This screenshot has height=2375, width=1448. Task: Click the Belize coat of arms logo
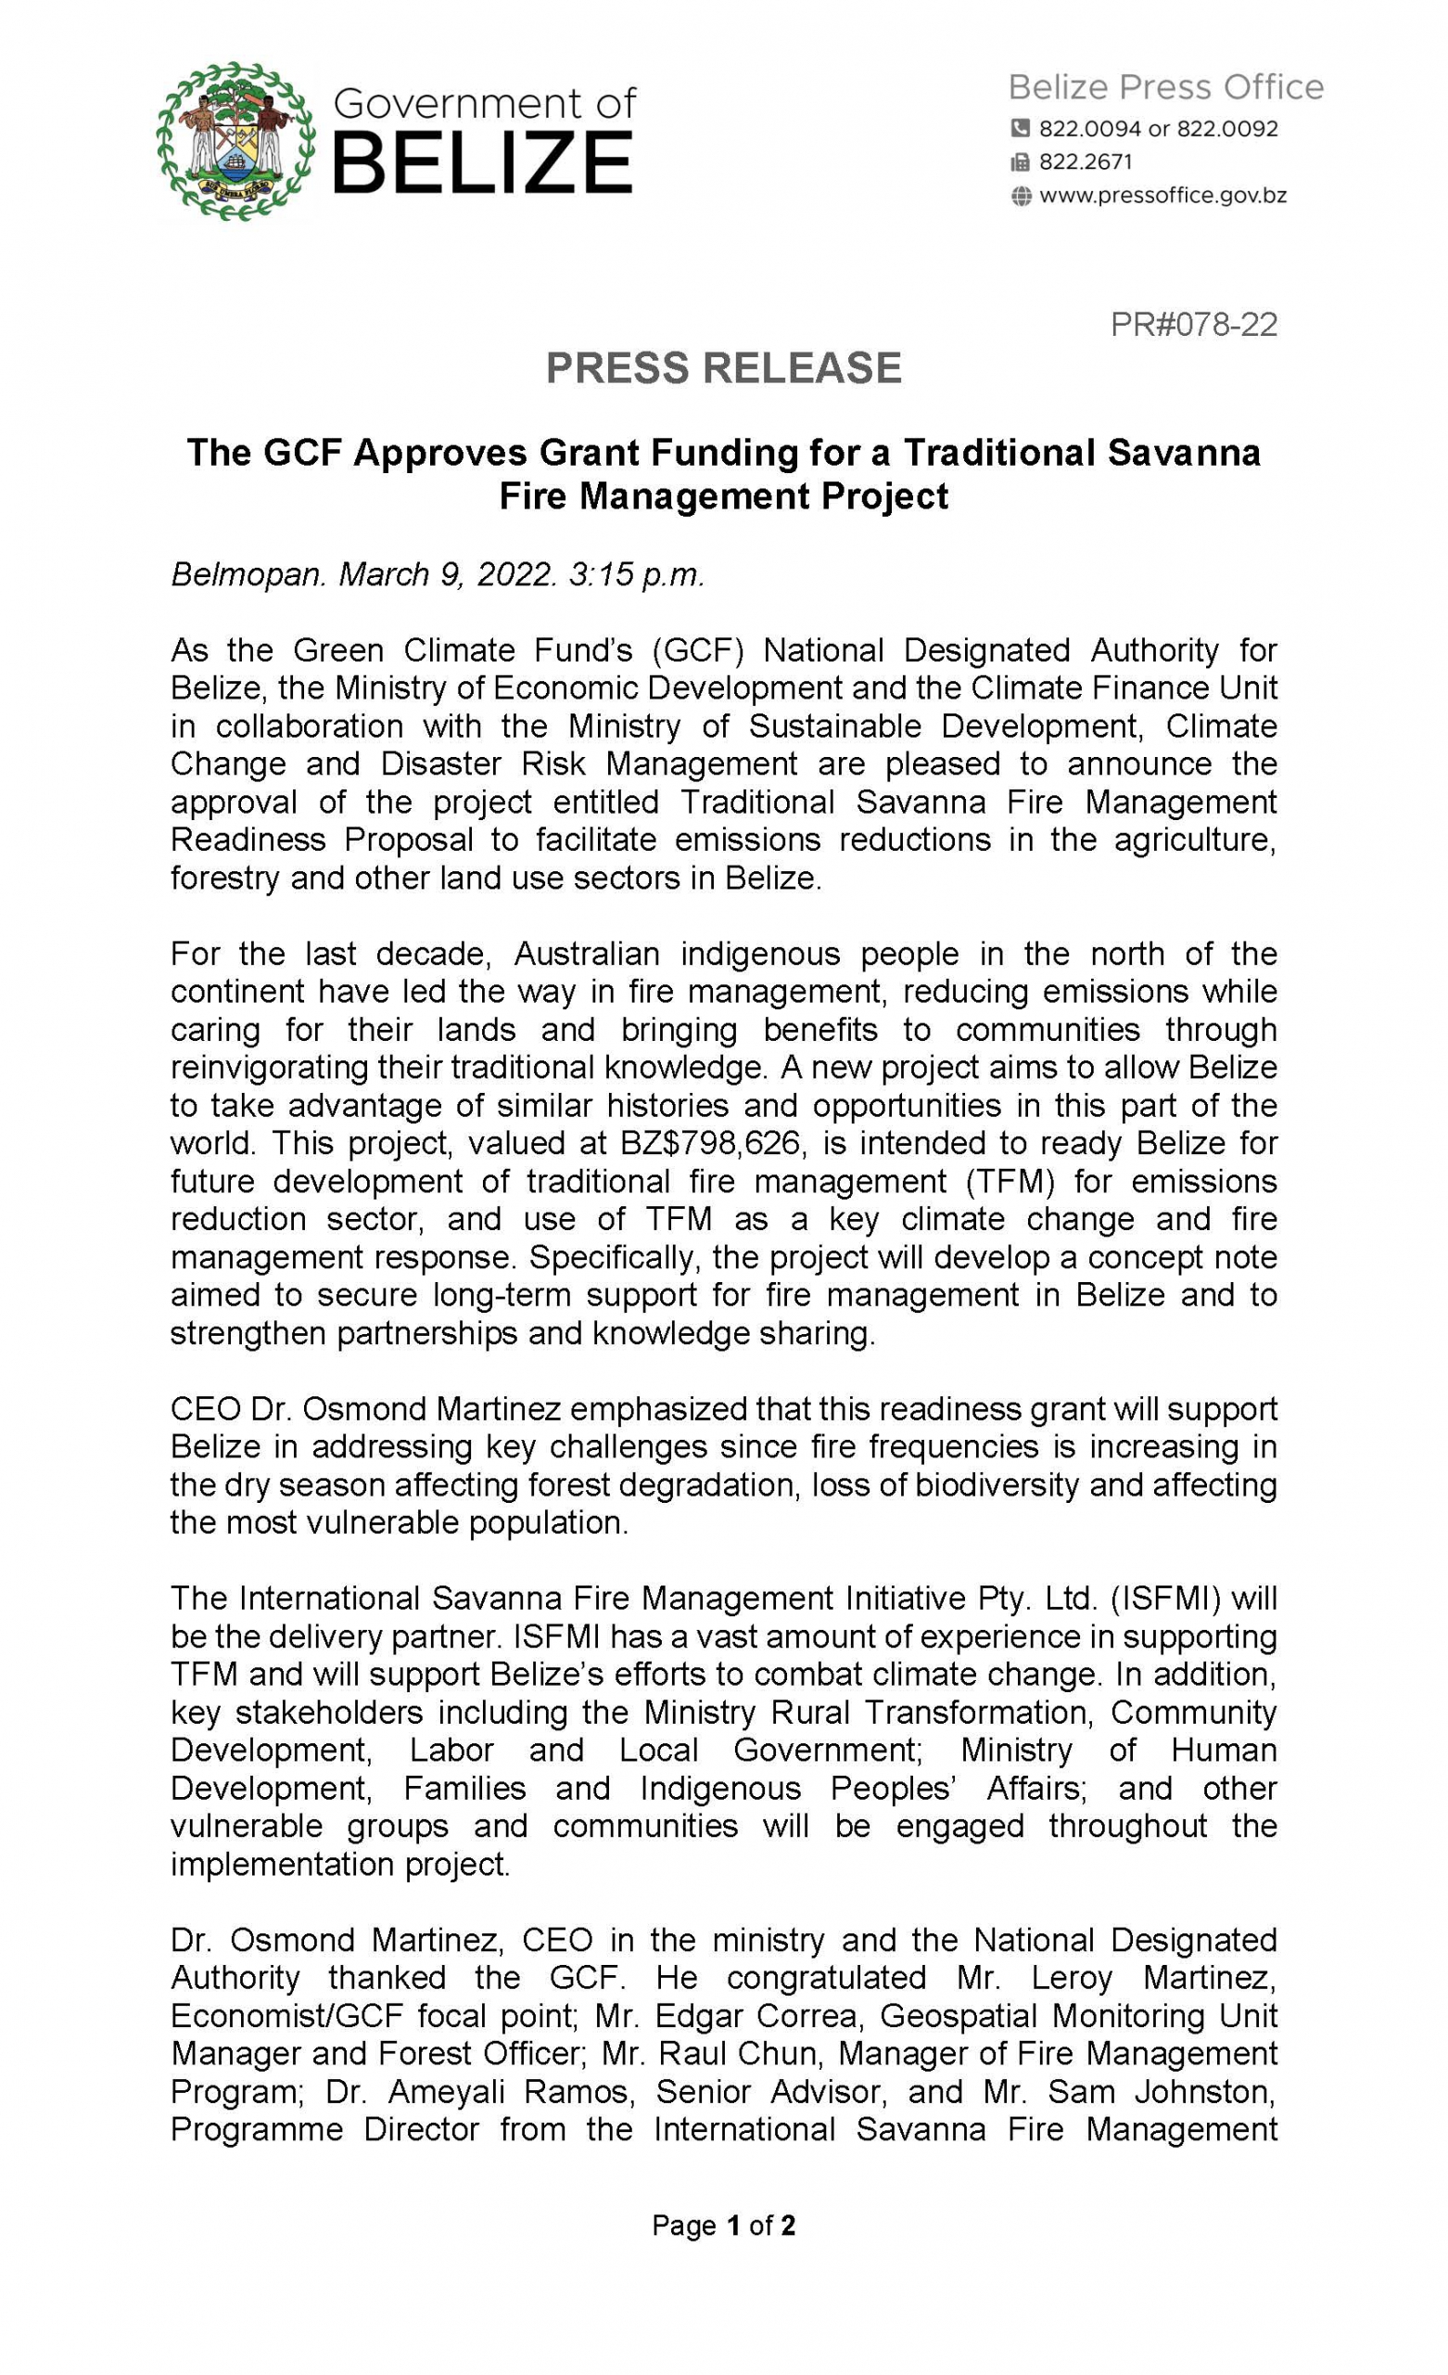point(235,141)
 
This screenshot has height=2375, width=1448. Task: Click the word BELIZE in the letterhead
point(482,164)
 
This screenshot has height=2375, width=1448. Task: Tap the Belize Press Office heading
point(1164,88)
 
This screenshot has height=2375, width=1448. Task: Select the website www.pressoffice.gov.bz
point(1162,197)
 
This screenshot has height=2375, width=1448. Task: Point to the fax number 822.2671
point(1085,162)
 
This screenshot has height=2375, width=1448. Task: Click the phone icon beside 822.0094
point(1020,128)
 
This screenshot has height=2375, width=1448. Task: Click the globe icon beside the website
point(1021,197)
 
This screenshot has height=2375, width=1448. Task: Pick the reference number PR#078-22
point(1193,324)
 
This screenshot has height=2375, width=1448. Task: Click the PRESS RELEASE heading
point(723,368)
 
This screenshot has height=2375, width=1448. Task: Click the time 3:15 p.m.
point(637,574)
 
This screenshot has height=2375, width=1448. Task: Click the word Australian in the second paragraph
point(586,954)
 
